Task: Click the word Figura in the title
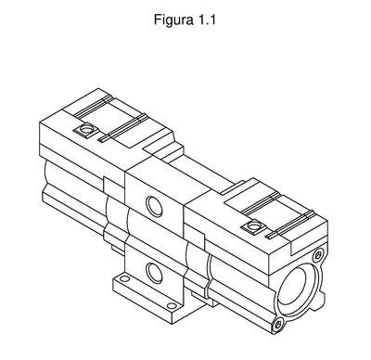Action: pyautogui.click(x=173, y=20)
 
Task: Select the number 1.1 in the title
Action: pyautogui.click(x=207, y=20)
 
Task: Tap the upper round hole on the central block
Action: pyautogui.click(x=154, y=206)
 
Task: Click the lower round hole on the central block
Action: pyautogui.click(x=154, y=273)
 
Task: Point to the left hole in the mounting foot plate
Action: pyautogui.click(x=124, y=278)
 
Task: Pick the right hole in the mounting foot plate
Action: pyautogui.click(x=172, y=306)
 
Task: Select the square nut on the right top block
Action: pyautogui.click(x=254, y=226)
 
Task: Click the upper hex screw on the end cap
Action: pyautogui.click(x=317, y=255)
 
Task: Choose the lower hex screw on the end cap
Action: pyautogui.click(x=278, y=325)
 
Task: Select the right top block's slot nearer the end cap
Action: pyautogui.click(x=290, y=225)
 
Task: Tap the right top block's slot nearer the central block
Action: pyautogui.click(x=261, y=203)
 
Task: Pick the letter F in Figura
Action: pyautogui.click(x=158, y=20)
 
